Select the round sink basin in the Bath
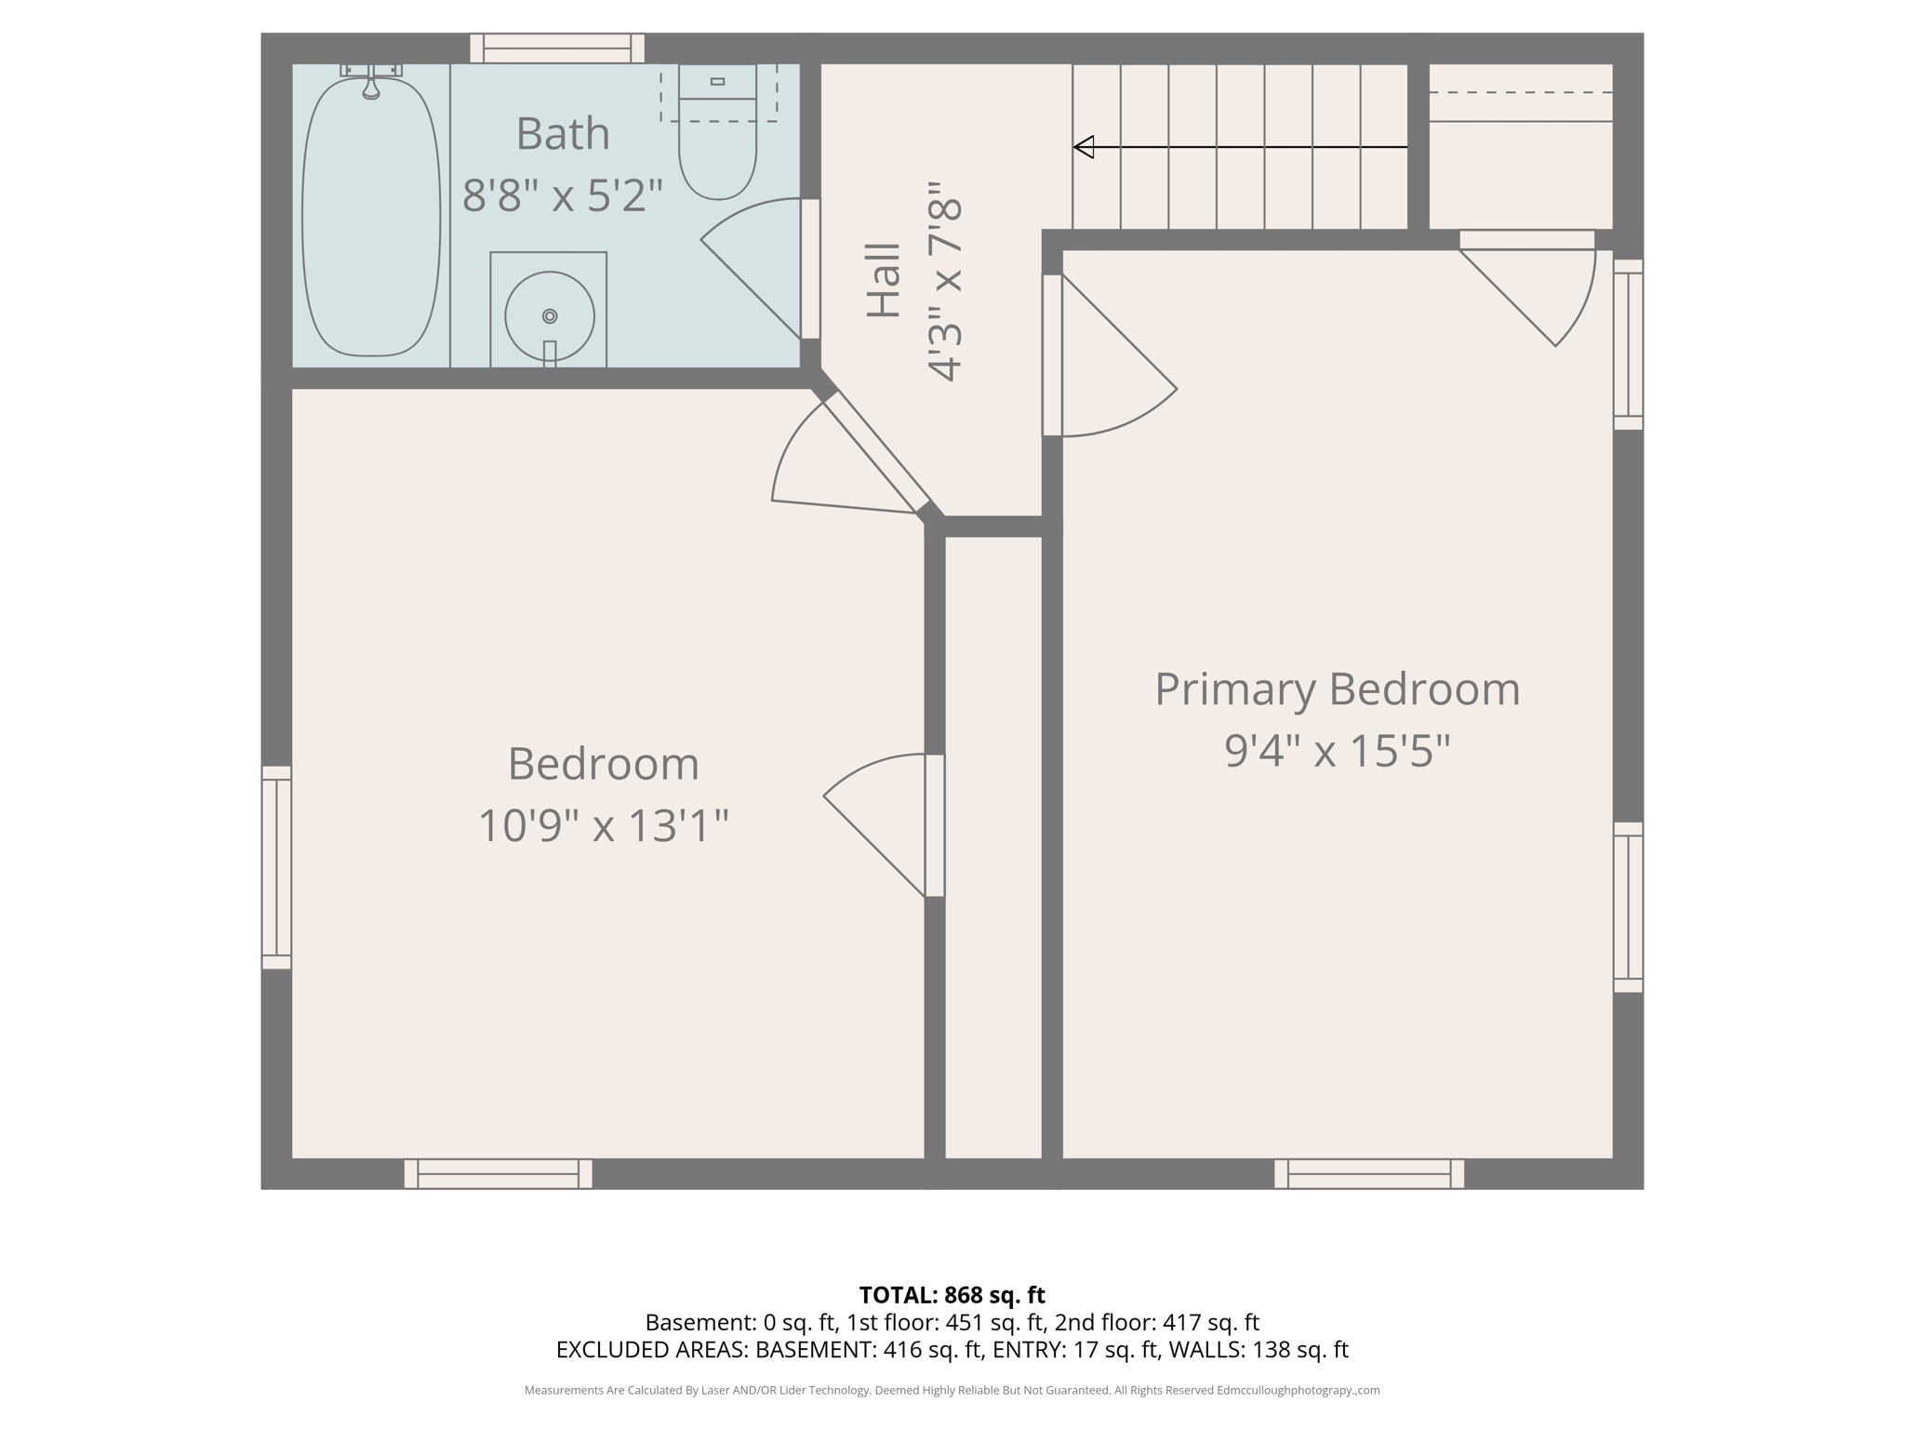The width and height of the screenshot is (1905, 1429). [x=549, y=316]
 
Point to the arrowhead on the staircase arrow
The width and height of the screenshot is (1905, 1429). [x=1085, y=147]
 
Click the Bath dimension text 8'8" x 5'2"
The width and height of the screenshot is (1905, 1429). [x=563, y=196]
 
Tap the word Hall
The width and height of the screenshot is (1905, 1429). [x=884, y=280]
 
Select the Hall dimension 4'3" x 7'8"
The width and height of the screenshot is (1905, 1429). [x=944, y=282]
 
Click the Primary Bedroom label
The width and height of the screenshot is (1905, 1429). [x=1337, y=689]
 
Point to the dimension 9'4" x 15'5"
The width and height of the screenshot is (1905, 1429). [x=1337, y=751]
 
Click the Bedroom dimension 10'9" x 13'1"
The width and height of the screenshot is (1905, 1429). [x=603, y=825]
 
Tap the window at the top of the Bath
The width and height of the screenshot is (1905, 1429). [x=557, y=48]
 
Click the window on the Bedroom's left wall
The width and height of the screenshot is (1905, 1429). [x=276, y=867]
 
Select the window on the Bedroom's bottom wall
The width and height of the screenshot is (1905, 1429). [x=498, y=1173]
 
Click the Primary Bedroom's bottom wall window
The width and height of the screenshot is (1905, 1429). [x=1368, y=1173]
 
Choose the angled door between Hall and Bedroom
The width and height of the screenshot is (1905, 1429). [x=876, y=452]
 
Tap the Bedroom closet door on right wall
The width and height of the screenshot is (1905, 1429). [x=934, y=825]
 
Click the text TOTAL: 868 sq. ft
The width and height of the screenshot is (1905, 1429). [x=952, y=1295]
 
